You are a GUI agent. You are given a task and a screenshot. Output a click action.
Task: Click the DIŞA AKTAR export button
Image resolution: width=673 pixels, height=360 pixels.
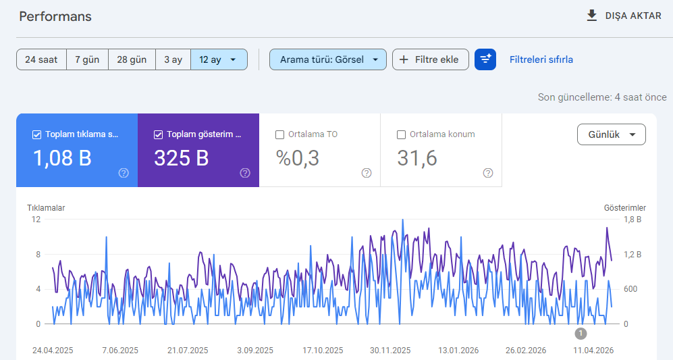coord(624,16)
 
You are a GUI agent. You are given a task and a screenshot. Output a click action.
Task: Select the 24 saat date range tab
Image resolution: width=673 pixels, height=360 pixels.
coord(41,59)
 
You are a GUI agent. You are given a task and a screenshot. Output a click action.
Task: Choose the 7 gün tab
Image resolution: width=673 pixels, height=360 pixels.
coord(87,59)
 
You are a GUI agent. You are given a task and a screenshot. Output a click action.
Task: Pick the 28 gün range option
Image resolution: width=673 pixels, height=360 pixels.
coord(132,59)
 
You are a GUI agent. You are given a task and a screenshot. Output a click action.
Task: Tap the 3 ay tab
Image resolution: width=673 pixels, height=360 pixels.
coord(173,59)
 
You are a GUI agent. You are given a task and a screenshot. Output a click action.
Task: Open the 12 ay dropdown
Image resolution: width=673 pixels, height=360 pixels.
coord(219,59)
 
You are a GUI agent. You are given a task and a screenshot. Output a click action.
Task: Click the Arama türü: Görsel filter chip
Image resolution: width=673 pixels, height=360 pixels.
coord(328,59)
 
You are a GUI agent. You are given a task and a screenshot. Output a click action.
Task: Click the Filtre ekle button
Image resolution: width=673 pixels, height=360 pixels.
coord(431,59)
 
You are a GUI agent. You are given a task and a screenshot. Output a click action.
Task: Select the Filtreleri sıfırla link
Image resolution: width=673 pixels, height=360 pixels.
coord(541,59)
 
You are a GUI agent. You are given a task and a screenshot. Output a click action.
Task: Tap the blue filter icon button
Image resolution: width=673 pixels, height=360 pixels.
coord(485,59)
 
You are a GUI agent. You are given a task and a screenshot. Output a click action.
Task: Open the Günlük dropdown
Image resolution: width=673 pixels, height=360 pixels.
coord(611,134)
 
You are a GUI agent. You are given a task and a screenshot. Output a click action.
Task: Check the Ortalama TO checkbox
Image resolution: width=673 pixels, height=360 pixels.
coord(280,135)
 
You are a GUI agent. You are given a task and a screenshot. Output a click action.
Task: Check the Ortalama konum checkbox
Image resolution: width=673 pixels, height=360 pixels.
coord(402,135)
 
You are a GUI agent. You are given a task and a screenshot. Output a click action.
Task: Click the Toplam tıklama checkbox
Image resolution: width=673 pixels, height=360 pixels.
coord(37,135)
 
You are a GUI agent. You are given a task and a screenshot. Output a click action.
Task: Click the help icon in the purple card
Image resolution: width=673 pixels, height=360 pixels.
coord(245,173)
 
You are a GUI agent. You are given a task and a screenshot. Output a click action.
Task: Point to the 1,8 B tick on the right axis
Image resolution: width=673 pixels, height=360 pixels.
coord(632,220)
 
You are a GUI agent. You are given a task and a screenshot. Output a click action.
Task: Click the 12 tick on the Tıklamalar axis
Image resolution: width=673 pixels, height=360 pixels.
coord(36,220)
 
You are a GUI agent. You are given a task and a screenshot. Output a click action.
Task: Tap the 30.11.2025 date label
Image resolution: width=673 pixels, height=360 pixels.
coord(390,351)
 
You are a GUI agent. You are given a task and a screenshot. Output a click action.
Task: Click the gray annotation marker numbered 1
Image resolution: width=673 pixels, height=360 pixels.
coord(581,334)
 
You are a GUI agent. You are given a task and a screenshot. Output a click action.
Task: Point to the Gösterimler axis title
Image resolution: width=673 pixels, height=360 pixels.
coord(625,208)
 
